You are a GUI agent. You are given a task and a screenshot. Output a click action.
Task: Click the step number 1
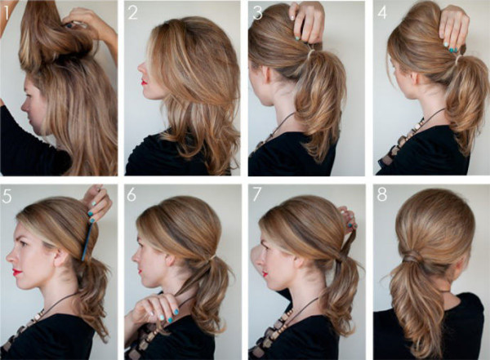[7, 12]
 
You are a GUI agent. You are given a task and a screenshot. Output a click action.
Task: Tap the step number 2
[132, 13]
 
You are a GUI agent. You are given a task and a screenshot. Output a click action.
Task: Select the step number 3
[257, 13]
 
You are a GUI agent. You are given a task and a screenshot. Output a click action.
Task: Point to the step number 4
[382, 13]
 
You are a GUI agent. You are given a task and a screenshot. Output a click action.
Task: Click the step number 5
[7, 197]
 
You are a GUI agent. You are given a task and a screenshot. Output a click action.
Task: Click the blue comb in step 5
[87, 241]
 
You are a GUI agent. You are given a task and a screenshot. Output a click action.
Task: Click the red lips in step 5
[17, 273]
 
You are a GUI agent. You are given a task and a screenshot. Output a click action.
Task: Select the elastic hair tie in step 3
[310, 54]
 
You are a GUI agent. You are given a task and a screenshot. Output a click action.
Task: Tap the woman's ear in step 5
[60, 256]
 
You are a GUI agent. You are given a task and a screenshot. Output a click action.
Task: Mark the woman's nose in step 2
[140, 66]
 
